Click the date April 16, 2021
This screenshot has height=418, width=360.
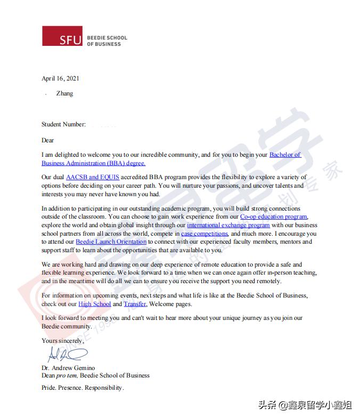pos(60,78)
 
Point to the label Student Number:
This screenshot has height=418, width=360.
pos(63,124)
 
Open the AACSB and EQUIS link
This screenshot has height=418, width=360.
pos(93,177)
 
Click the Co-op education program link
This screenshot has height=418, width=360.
pos(274,217)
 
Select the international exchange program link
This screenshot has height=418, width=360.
pos(228,226)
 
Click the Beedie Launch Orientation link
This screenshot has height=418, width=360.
pos(111,242)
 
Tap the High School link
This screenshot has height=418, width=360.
pos(94,304)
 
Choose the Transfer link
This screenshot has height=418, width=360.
pos(135,304)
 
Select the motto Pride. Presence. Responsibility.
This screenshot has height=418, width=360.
pos(83,388)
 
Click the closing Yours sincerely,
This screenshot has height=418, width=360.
pos(63,341)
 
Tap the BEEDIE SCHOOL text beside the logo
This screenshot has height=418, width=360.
pos(107,38)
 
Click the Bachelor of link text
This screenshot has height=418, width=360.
pos(285,155)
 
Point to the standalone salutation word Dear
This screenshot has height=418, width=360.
pos(48,140)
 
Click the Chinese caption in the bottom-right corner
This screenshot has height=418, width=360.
pos(305,405)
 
